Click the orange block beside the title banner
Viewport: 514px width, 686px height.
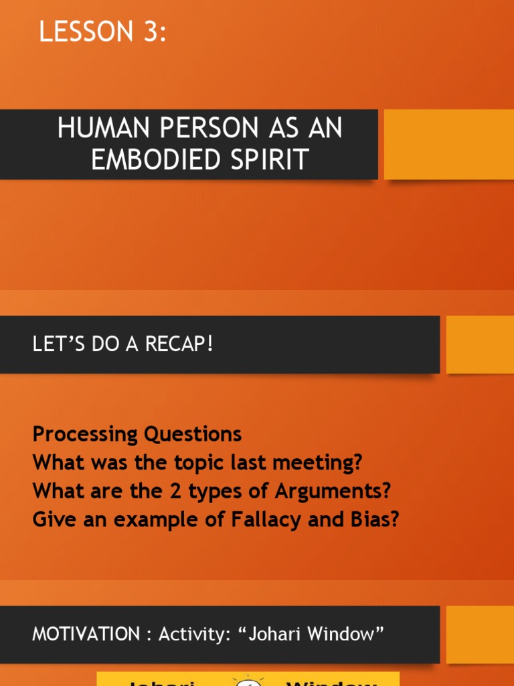448,144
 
